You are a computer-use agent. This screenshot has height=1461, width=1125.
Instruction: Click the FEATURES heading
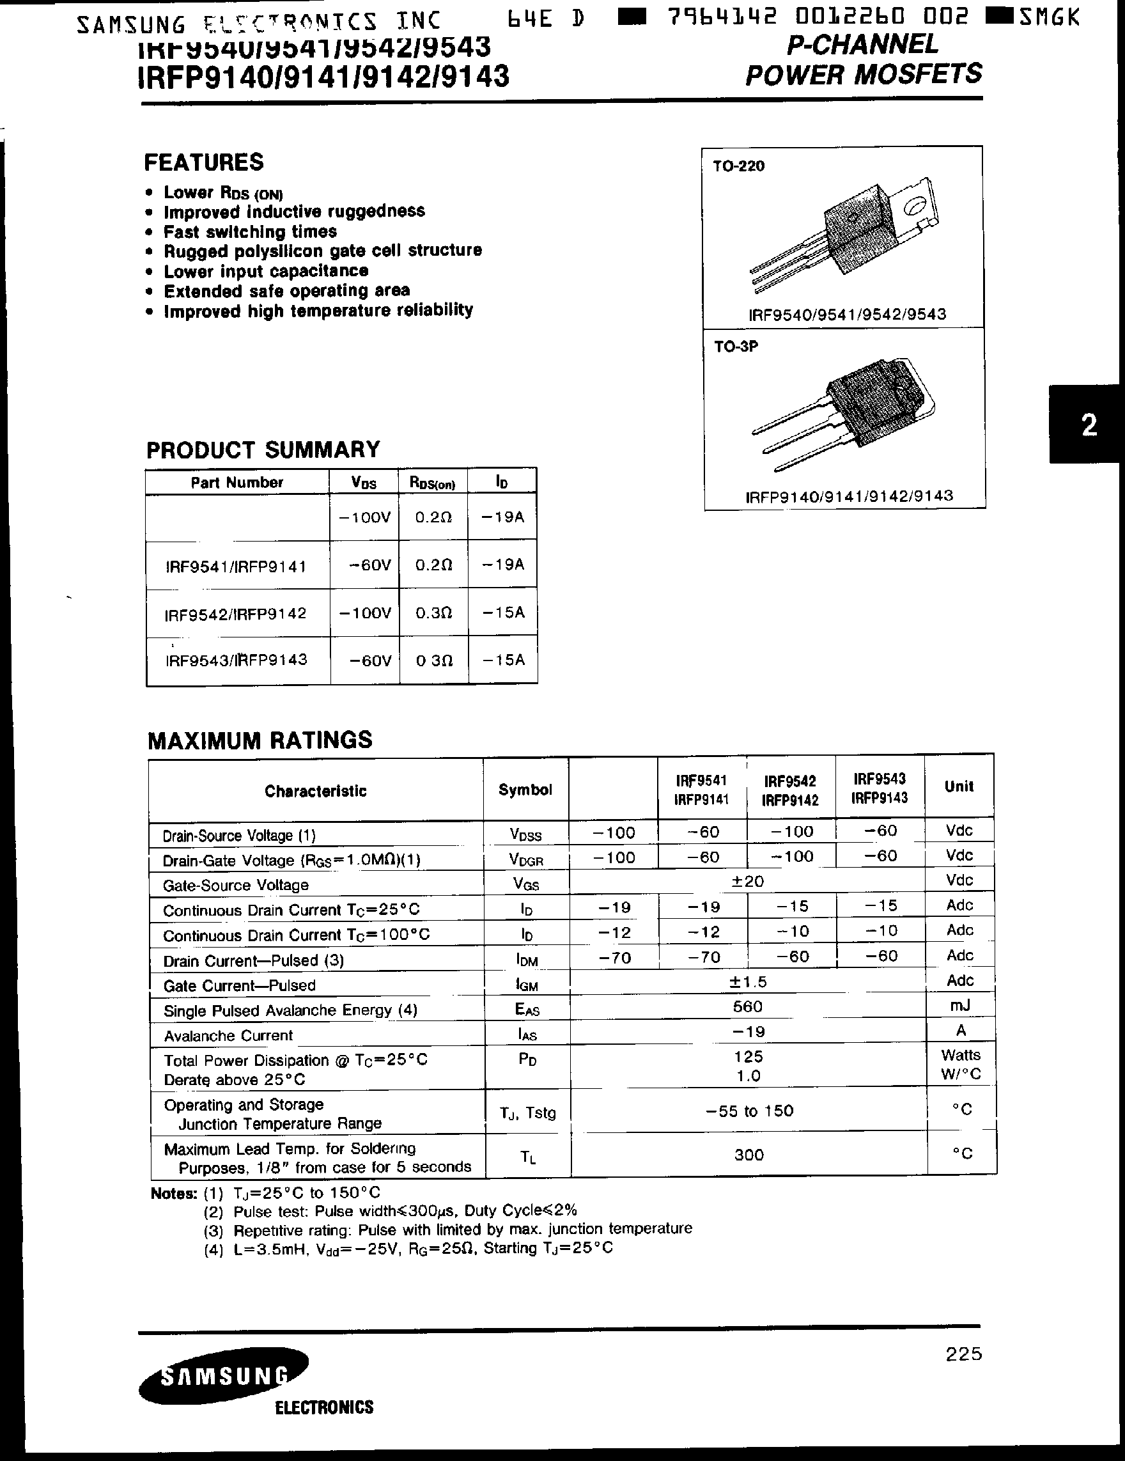(204, 162)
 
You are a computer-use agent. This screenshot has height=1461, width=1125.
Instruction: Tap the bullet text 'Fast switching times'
(250, 232)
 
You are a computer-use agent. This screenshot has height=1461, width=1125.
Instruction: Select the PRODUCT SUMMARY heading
(263, 449)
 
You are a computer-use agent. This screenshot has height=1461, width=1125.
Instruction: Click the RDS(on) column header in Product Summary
(432, 483)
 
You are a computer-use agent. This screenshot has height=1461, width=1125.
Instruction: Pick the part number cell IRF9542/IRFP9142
(235, 613)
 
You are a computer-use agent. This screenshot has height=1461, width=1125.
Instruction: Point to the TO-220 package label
(738, 166)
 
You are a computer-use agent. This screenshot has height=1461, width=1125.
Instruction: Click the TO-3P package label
(736, 347)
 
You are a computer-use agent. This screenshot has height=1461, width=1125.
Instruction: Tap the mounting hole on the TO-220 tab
(913, 208)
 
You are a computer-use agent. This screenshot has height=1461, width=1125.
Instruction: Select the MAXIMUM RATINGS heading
(260, 740)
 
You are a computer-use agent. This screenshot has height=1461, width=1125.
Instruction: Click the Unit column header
(958, 786)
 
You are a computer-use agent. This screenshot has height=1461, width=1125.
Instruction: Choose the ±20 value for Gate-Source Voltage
(747, 882)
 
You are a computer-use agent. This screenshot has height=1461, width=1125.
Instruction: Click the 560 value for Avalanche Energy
(747, 1007)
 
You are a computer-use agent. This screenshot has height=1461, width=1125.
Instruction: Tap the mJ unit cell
(960, 1006)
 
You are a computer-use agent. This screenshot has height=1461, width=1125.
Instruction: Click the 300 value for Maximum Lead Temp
(749, 1155)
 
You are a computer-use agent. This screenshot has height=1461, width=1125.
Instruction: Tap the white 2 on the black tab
(1089, 425)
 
